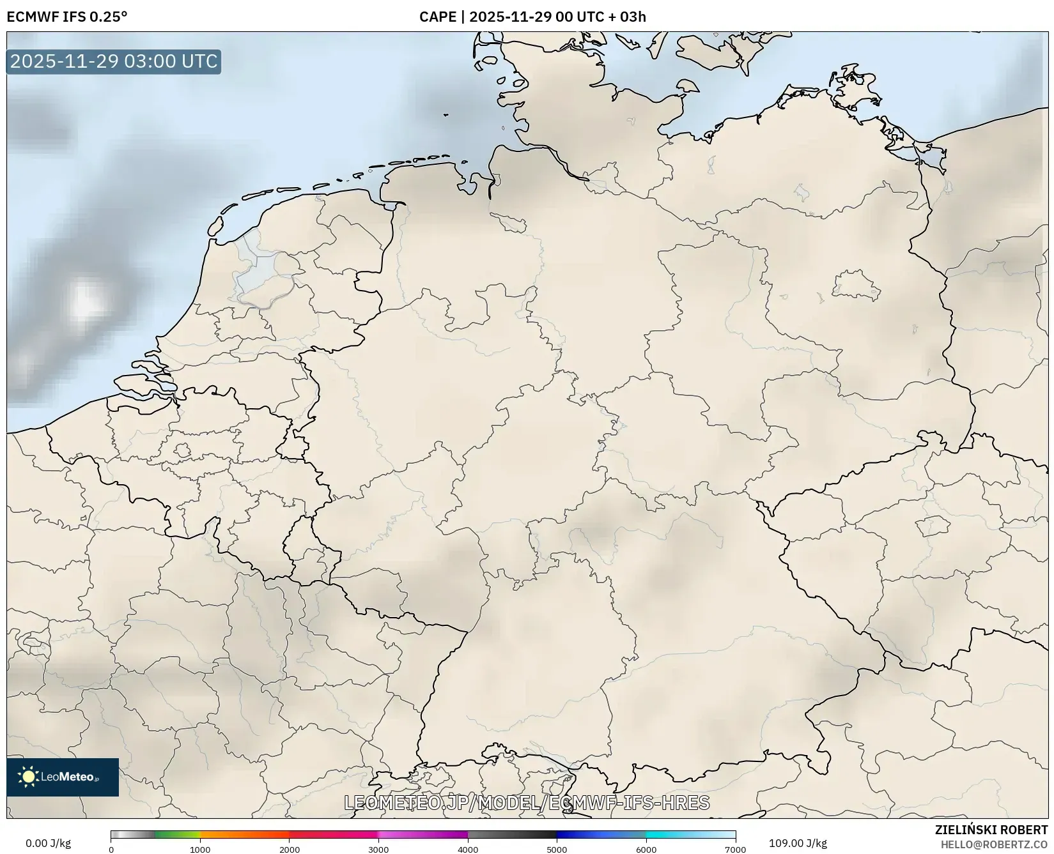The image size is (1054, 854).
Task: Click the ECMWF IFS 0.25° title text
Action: click(x=67, y=17)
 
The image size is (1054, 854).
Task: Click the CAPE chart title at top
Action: click(x=532, y=17)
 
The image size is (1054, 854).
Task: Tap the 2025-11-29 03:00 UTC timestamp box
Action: click(x=114, y=61)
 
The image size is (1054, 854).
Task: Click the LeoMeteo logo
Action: click(x=63, y=777)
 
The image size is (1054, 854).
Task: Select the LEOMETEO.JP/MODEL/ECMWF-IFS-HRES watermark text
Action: click(x=527, y=802)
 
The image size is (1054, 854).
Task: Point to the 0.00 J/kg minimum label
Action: click(x=48, y=843)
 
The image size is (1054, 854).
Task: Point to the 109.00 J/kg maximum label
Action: click(x=798, y=843)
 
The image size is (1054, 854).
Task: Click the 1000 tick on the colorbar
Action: click(x=200, y=849)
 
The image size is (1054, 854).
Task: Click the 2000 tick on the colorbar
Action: click(x=290, y=849)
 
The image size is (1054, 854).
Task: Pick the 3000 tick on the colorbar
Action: click(x=378, y=849)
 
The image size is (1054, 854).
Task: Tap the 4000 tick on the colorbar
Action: click(x=468, y=849)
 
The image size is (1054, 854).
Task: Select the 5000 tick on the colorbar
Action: click(x=557, y=849)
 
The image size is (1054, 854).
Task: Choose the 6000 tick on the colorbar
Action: click(x=646, y=849)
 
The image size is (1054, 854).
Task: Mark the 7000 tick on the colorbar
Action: click(x=735, y=849)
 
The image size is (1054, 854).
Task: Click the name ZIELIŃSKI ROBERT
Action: click(x=991, y=830)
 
